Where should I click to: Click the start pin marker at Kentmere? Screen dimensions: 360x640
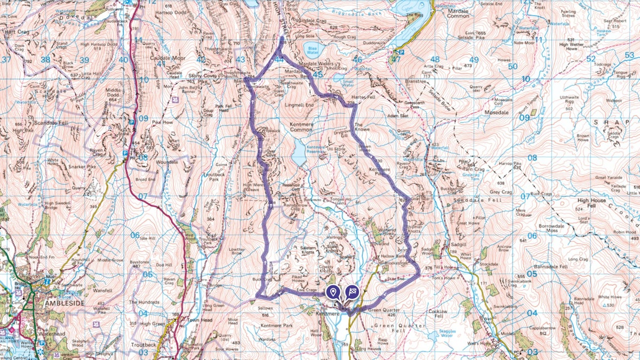[333, 292]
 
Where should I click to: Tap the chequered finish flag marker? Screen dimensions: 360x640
[351, 291]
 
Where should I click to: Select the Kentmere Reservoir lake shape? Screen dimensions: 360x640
[299, 153]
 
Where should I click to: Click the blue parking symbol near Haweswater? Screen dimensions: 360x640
[401, 52]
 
